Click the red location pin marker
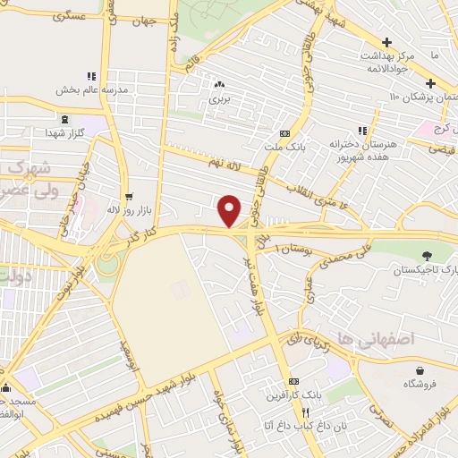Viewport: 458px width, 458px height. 230,210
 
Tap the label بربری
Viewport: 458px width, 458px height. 220,99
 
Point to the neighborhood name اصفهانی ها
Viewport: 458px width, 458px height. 360,338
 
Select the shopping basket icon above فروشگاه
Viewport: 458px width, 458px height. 420,370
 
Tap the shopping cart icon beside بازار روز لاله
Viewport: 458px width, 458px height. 130,197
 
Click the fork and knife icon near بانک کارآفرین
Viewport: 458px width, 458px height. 306,412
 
